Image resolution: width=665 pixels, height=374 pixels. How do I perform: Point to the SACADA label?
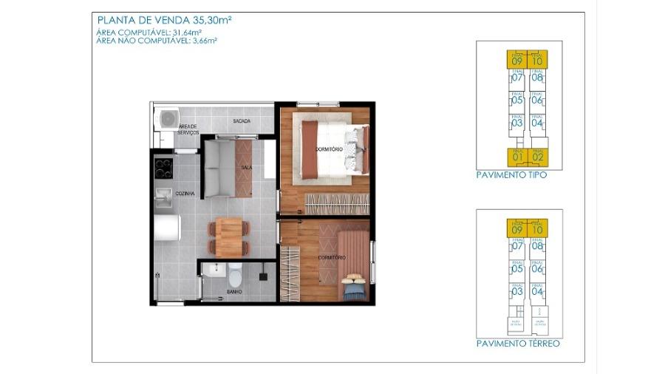(x=241, y=121)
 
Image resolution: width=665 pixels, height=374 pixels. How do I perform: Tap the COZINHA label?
(x=185, y=193)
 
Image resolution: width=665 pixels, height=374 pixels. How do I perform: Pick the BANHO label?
(x=234, y=292)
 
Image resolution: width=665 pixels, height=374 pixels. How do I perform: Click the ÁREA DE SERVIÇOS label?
(x=188, y=129)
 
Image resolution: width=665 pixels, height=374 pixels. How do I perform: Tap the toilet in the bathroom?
(x=235, y=275)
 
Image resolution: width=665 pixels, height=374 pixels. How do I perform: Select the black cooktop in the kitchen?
(x=163, y=168)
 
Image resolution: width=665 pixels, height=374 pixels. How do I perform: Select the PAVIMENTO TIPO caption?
(x=511, y=176)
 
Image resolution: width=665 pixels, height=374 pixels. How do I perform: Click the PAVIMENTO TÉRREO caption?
(x=517, y=344)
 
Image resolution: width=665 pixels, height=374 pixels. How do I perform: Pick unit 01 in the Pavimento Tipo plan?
(x=517, y=157)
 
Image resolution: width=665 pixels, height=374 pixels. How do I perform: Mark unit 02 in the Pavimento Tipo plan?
(x=537, y=157)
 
